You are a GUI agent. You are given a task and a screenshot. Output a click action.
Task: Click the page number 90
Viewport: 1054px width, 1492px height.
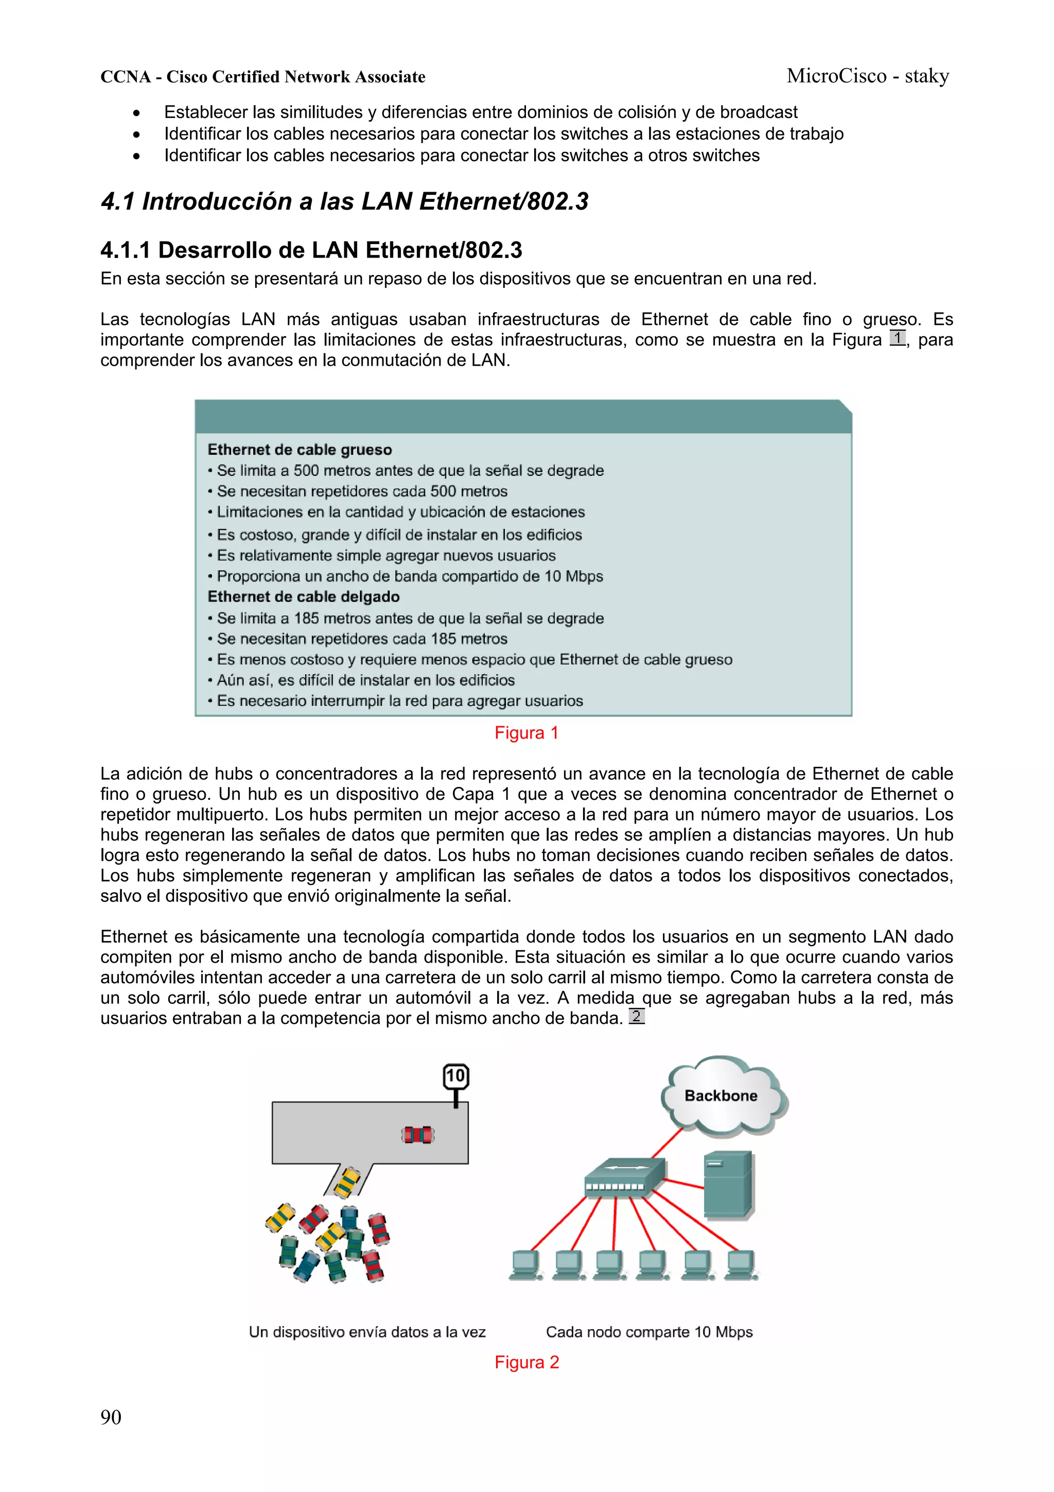point(111,1417)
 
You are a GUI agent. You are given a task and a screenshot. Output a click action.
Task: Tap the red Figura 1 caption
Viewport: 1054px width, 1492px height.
point(526,733)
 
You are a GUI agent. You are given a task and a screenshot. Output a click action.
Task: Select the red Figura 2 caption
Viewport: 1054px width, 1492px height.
point(526,1362)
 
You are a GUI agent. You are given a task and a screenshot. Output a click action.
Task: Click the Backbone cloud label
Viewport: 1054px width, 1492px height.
point(721,1095)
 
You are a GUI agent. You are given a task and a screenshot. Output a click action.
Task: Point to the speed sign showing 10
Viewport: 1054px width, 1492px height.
point(456,1076)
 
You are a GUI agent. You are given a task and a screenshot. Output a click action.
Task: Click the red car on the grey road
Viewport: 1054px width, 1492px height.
point(417,1135)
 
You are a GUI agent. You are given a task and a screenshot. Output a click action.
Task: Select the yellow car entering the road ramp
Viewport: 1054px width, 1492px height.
point(347,1182)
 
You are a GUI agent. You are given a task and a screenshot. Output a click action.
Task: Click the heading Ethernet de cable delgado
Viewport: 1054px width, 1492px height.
point(303,596)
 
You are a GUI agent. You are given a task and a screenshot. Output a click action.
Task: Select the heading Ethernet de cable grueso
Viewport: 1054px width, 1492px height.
point(300,450)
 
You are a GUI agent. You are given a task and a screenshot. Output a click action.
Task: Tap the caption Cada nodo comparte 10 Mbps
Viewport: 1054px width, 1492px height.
point(649,1332)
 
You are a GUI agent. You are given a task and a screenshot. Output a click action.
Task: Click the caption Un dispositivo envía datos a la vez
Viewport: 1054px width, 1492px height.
point(367,1332)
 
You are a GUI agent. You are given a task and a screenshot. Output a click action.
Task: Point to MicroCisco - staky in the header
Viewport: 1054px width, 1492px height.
point(868,76)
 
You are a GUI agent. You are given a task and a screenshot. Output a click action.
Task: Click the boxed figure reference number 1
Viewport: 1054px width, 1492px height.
point(898,338)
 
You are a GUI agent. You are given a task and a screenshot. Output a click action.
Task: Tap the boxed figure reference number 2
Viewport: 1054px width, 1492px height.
point(637,1016)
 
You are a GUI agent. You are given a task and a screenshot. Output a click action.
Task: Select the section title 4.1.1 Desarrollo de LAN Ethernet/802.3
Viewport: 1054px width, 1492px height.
point(311,250)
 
